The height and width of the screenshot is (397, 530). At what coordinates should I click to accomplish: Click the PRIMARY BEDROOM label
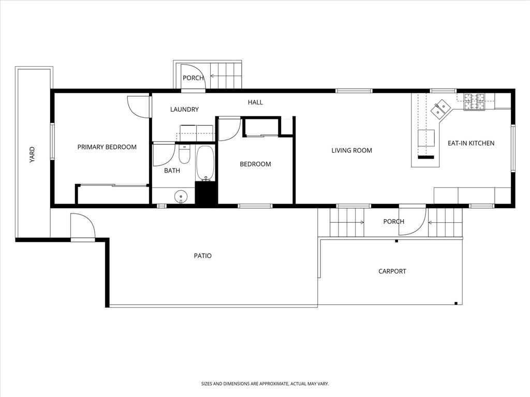click(x=107, y=147)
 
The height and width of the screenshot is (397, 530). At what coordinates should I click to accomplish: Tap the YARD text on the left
click(x=32, y=155)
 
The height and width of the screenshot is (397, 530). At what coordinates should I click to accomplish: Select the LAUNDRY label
click(x=184, y=109)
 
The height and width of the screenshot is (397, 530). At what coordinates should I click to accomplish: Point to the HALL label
click(x=255, y=102)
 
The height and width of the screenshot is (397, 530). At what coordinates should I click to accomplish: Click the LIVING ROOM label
click(x=351, y=150)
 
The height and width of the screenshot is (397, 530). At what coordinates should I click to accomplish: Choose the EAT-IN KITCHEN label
click(x=470, y=143)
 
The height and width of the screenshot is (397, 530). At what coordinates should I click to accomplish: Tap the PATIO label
click(x=202, y=255)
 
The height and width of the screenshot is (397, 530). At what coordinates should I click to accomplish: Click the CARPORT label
click(x=392, y=271)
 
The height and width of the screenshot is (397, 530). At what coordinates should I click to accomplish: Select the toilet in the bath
click(x=184, y=155)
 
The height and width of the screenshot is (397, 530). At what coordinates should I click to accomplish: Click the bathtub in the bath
click(x=205, y=163)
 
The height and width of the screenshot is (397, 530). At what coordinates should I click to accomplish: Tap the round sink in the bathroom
click(x=181, y=196)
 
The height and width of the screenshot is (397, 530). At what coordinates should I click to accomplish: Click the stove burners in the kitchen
click(x=474, y=102)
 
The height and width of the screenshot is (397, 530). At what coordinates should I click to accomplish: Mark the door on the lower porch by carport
click(x=413, y=221)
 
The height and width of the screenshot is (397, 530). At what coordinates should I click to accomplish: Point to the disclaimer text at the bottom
click(x=265, y=384)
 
